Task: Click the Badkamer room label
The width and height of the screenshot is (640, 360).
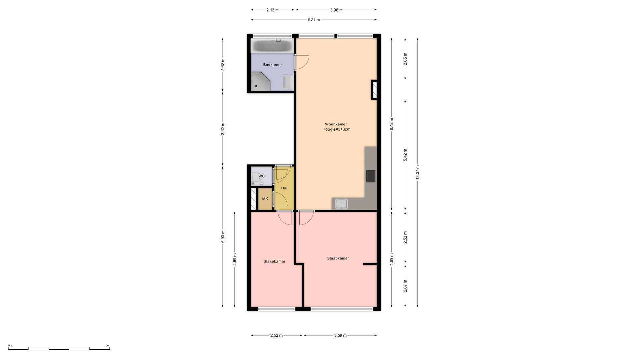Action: coord(272,65)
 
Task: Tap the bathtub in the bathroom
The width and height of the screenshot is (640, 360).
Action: coord(272,46)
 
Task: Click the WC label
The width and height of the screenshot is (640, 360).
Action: coord(261,176)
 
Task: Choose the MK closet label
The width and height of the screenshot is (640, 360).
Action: coord(265,199)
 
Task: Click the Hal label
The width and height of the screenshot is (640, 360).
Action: coord(284,188)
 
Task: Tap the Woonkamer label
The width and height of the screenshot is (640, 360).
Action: coord(336,124)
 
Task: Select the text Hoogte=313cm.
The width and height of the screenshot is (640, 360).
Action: coord(337,129)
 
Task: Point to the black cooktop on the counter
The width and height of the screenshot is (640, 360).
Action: coord(371,176)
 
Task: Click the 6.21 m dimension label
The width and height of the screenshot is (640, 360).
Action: coord(314,20)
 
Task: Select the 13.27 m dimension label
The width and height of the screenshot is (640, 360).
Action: coord(417,172)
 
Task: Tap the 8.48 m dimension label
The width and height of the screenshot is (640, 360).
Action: coord(392,124)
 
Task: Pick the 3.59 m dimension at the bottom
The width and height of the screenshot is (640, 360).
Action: coord(340,335)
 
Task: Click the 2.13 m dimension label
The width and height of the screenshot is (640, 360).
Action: coord(272,10)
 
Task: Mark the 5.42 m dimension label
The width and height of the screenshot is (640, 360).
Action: coord(405,155)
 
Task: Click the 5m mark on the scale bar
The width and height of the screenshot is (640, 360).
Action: coord(107,346)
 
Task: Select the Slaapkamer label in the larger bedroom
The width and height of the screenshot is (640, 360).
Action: coord(338,258)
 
